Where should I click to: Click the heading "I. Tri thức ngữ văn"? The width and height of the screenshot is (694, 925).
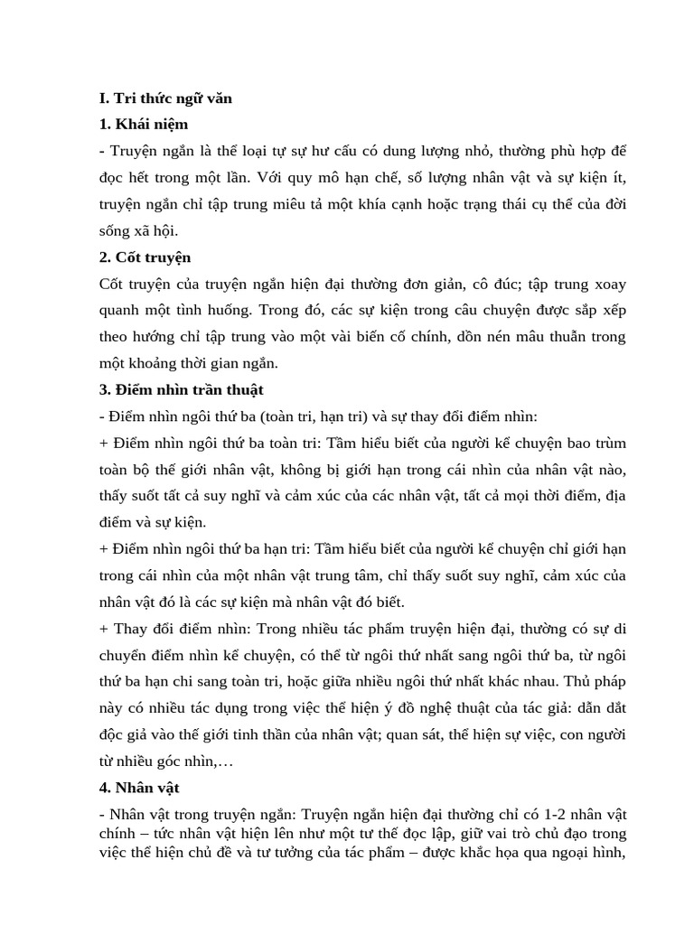pos(165,98)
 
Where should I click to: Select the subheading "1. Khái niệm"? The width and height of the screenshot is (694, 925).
pos(144,124)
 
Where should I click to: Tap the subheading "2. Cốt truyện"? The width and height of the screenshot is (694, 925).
pos(145,257)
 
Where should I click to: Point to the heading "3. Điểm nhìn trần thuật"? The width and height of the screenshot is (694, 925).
pos(181,390)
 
